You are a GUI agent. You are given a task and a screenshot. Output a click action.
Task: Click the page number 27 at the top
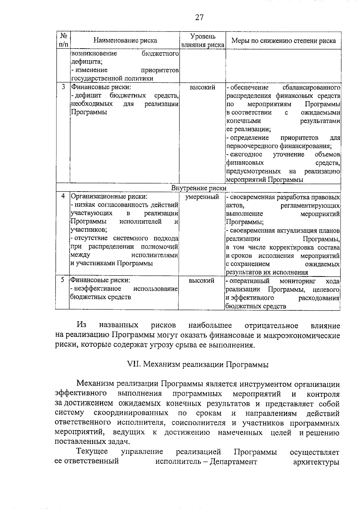coord(199,18)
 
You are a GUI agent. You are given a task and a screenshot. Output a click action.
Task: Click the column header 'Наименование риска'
coord(125,40)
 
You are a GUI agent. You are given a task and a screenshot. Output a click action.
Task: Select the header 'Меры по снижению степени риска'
coord(283,41)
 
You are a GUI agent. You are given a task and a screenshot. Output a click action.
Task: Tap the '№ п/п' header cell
coord(63,40)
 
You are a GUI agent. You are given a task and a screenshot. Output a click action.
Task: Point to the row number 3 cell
coord(63,87)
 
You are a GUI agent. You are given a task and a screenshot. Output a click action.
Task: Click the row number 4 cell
coord(63,196)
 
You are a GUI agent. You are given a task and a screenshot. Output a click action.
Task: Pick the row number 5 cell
coord(62,280)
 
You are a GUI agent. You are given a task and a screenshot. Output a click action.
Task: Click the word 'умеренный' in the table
coord(202,197)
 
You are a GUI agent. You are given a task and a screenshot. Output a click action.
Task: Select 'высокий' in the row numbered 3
coord(202,88)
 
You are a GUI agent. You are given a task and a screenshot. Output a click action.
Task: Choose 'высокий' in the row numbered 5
coord(202,281)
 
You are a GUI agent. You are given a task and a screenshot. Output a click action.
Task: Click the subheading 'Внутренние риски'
coord(199,188)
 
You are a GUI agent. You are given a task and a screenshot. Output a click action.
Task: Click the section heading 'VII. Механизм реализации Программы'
coord(198,365)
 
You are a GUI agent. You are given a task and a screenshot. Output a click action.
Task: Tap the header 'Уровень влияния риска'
coord(203,41)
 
